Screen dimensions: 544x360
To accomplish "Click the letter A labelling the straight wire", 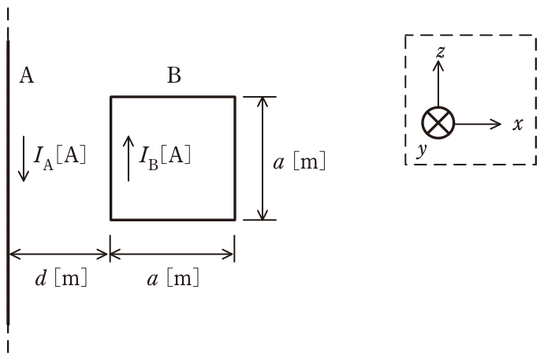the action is [27, 75].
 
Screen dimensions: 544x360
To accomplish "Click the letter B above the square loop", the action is [174, 75].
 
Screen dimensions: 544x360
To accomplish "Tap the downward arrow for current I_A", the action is [24, 158].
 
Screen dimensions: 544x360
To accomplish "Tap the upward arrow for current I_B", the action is [129, 158].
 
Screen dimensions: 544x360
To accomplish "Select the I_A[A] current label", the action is [59, 158].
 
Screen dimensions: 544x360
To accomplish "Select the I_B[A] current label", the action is [165, 158].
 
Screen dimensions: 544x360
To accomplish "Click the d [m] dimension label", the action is [61, 278].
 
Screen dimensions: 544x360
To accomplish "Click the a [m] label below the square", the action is [173, 278].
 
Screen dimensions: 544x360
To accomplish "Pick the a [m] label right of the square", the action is [300, 161].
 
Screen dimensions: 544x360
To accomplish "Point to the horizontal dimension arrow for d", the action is [58, 254].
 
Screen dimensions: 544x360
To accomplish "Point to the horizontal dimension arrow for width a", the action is [172, 254].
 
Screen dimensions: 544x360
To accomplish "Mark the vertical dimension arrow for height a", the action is [263, 158].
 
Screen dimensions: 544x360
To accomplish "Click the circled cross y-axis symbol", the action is [438, 123].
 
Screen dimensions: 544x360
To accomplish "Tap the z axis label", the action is [440, 52].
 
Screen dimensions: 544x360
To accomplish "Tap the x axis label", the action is [518, 124].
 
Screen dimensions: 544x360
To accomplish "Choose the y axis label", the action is [422, 150].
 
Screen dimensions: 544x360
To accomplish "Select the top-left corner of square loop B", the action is [111, 97].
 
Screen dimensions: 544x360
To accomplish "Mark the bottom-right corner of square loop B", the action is [235, 220].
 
